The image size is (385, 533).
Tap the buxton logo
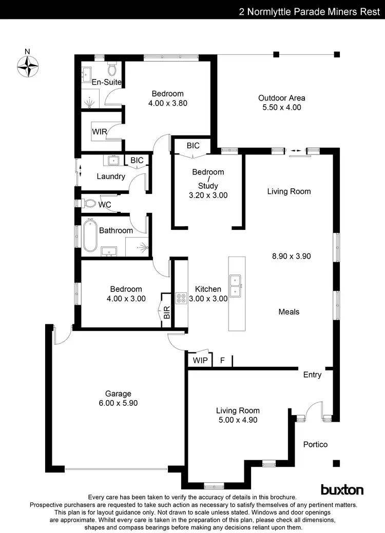[x=342, y=489]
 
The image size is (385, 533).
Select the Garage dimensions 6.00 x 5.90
[x=118, y=403]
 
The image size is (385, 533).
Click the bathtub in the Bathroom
[x=90, y=235]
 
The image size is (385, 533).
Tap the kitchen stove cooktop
[x=181, y=298]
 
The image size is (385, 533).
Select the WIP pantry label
[x=200, y=360]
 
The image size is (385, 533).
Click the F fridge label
[x=222, y=360]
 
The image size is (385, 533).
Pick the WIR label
[x=100, y=132]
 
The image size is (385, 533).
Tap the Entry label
[x=312, y=374]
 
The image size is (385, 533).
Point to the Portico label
[x=315, y=444]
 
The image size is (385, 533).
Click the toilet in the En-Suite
[x=112, y=69]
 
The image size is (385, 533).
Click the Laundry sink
[x=113, y=161]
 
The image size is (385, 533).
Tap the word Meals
[x=288, y=311]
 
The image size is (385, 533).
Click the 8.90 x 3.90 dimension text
[x=292, y=255]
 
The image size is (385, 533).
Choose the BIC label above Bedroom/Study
[x=193, y=146]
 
